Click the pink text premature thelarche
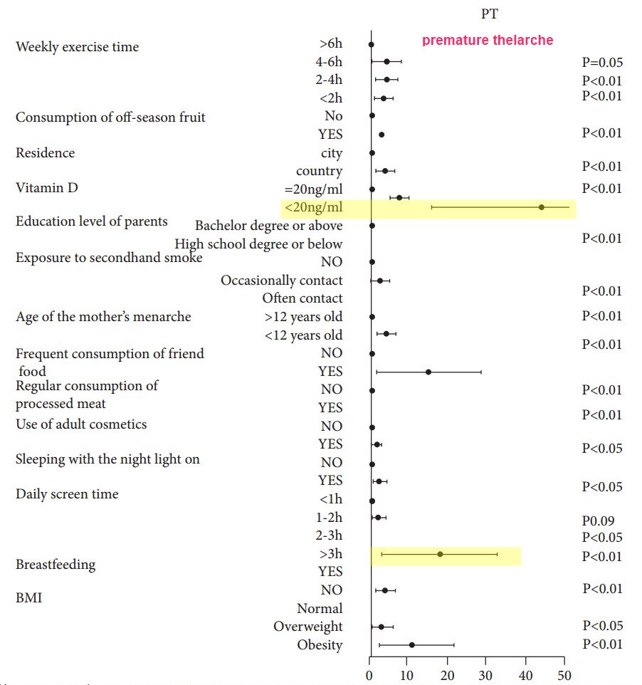click(x=487, y=40)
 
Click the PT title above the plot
click(x=490, y=14)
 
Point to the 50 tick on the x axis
click(x=564, y=674)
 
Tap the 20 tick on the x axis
click(x=448, y=674)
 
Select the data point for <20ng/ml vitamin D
click(x=541, y=207)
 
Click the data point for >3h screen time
click(x=440, y=554)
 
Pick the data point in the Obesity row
click(x=411, y=645)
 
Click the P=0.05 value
click(x=601, y=62)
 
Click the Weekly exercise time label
click(x=77, y=47)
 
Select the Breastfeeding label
click(x=56, y=565)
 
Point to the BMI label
click(x=28, y=597)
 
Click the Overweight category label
click(x=307, y=627)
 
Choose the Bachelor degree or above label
click(x=268, y=226)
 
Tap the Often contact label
click(x=302, y=298)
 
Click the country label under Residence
click(x=319, y=171)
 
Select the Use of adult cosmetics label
click(x=81, y=424)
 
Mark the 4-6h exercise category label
click(x=329, y=62)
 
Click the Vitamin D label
click(x=47, y=187)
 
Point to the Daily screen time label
click(x=67, y=494)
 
